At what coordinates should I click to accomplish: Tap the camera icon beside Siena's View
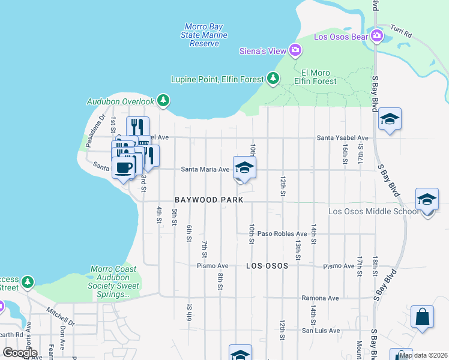pos(295,50)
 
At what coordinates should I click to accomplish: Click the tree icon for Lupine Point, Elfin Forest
pos(273,78)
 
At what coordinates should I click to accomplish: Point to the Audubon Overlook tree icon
pos(162,101)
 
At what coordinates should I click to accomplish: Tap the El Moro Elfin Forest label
pos(316,76)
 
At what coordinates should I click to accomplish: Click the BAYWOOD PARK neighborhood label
pos(209,199)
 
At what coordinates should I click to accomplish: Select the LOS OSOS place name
pos(267,265)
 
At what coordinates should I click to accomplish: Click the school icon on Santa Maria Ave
pos(244,168)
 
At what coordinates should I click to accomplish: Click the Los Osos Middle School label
pos(373,211)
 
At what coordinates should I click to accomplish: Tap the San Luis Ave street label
pos(321,330)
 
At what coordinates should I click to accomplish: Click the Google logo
pos(20,353)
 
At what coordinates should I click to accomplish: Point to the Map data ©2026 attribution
pos(423,355)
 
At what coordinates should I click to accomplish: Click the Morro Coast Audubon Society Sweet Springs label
pos(113,281)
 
